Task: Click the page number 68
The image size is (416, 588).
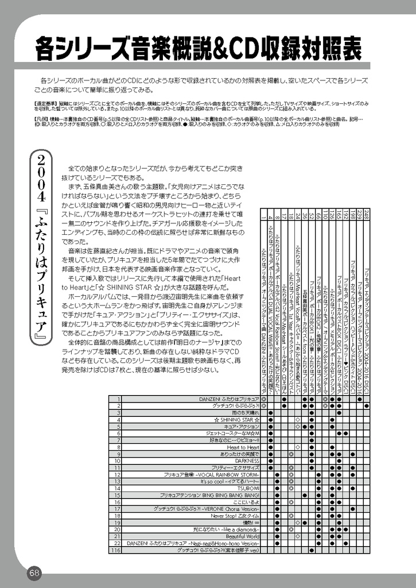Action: tap(34, 572)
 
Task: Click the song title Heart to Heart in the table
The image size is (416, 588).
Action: tap(243, 447)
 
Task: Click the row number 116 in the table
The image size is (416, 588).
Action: tap(115, 550)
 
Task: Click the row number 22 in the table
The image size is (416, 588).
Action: tap(117, 543)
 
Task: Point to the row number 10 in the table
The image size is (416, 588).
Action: tap(117, 461)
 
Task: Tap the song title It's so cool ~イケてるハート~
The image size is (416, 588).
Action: tap(230, 481)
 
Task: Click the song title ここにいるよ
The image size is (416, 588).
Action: tap(247, 502)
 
